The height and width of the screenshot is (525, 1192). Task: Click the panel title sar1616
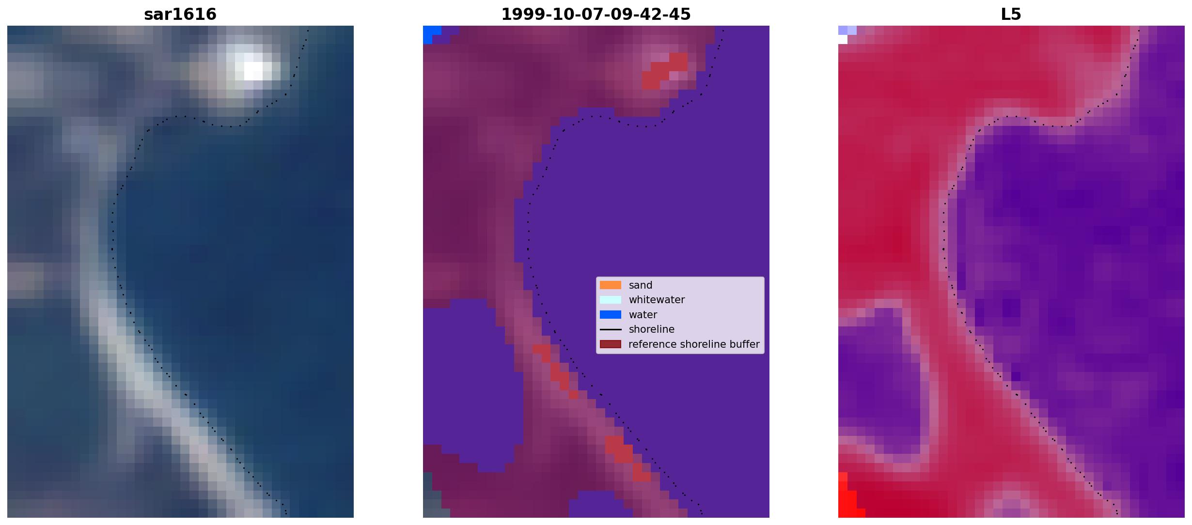pos(180,15)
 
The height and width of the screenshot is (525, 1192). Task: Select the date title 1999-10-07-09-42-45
pos(596,15)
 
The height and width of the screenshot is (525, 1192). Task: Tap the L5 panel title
pos(1011,15)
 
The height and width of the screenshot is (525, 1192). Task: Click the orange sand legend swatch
pos(611,285)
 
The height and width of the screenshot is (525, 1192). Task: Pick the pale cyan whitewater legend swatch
pos(611,300)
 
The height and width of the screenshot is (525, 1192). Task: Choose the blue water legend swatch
pos(611,315)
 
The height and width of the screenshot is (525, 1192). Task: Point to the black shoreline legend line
pos(611,329)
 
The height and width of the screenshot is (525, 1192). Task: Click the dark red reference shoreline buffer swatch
pos(611,344)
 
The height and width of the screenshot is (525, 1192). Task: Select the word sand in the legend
pos(641,285)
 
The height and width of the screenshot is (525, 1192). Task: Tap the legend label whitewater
pos(657,300)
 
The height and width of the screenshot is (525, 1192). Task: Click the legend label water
pos(643,315)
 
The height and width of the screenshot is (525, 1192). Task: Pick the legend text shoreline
pos(652,329)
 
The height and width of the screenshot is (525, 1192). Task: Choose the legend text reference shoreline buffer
pos(694,344)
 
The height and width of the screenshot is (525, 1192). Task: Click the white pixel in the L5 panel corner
pos(843,40)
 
